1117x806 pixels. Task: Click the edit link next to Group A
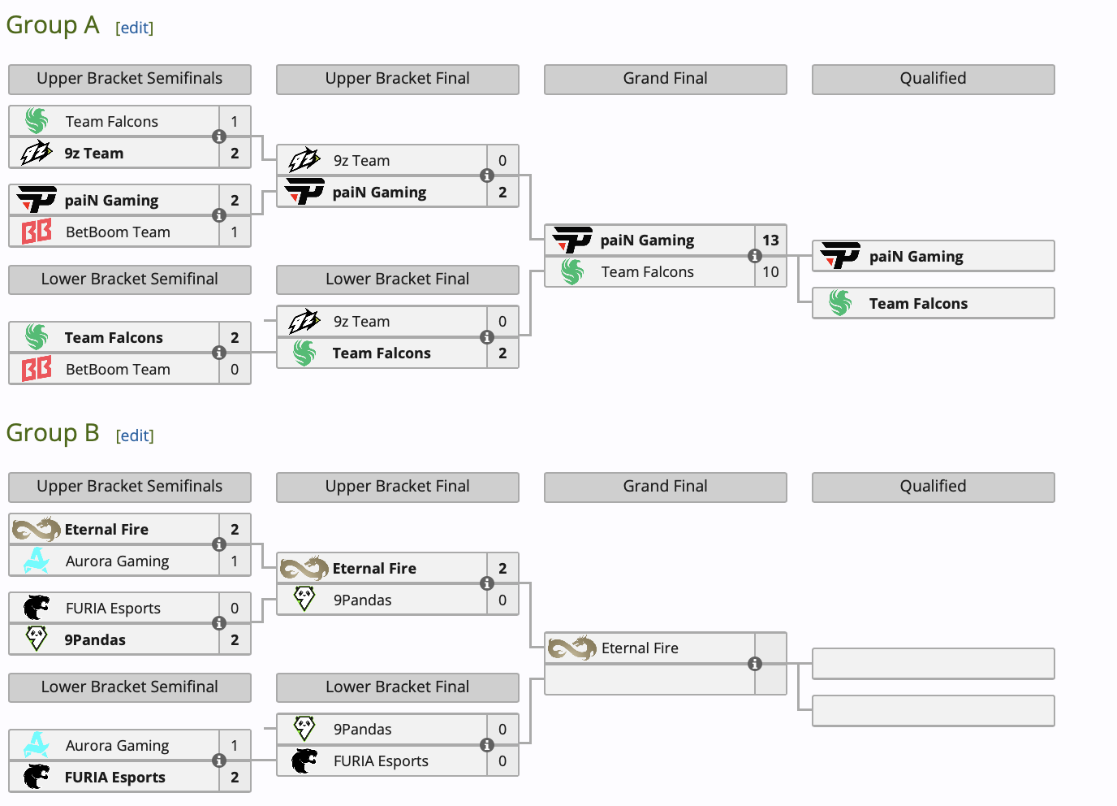[135, 28]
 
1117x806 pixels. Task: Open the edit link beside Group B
[135, 435]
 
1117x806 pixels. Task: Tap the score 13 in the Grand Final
[770, 240]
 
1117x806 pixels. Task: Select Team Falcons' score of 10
[770, 272]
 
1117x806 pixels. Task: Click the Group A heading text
[53, 25]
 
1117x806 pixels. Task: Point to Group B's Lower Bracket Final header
[398, 687]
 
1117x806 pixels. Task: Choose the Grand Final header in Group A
[666, 79]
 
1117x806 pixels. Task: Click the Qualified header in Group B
[934, 487]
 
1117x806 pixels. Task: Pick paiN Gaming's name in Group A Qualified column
[916, 257]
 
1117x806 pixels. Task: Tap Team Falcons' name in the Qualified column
[918, 304]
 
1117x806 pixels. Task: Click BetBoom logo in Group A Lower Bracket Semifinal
[37, 369]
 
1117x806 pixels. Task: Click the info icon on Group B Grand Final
[755, 664]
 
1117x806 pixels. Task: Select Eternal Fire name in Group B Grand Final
[640, 648]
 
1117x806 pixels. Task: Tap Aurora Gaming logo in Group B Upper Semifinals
[37, 561]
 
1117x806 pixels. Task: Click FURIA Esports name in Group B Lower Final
[381, 761]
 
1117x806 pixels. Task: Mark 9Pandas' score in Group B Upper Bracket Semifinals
[235, 640]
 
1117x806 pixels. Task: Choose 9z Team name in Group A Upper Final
[361, 161]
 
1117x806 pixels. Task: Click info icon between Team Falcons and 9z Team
[219, 136]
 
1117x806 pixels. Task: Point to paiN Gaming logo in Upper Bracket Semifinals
[37, 200]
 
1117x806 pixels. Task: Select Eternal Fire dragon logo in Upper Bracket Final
[304, 569]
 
